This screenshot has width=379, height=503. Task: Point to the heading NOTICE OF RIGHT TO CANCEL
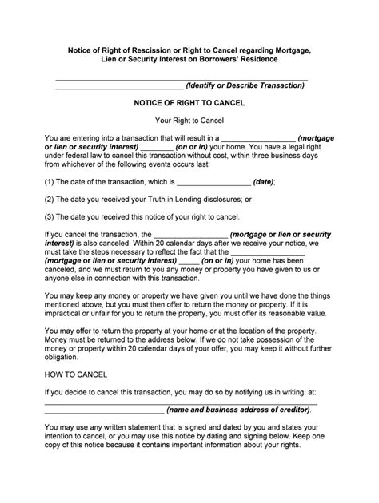[x=189, y=104]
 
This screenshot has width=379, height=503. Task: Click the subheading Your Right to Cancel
[x=189, y=121]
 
